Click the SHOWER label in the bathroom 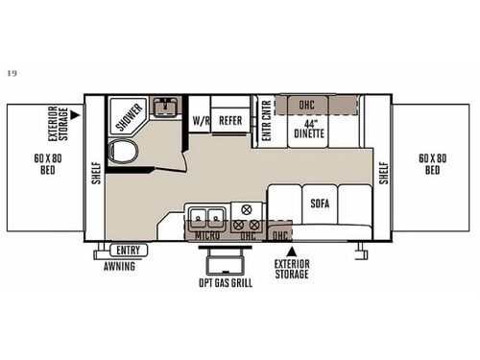[x=130, y=117]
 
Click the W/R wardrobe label [x=201, y=122]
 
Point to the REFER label [x=229, y=122]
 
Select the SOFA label [x=320, y=204]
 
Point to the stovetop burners [x=247, y=216]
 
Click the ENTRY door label [x=128, y=251]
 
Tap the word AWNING [x=120, y=267]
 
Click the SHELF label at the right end [x=383, y=172]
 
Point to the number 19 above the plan [x=11, y=73]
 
